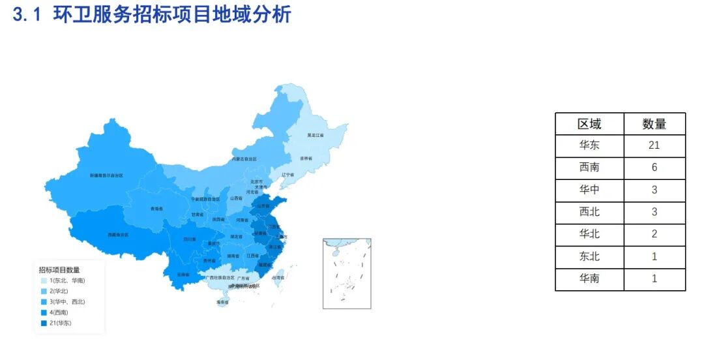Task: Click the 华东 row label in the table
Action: (589, 145)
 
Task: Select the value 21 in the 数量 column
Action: (654, 145)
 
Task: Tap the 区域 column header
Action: (589, 124)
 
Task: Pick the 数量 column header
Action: (654, 124)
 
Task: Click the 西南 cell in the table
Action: (589, 168)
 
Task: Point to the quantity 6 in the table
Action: (654, 168)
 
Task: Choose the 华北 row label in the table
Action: (589, 234)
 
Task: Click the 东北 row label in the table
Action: (589, 256)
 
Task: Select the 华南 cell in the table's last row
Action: (589, 278)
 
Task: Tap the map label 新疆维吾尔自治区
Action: (106, 175)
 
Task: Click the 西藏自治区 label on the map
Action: (118, 235)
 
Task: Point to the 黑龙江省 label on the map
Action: (315, 136)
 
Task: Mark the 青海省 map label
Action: (156, 209)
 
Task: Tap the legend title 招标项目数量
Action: (59, 269)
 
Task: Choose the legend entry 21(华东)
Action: (60, 323)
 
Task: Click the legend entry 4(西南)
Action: (59, 312)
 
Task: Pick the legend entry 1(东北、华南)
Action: (66, 280)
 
